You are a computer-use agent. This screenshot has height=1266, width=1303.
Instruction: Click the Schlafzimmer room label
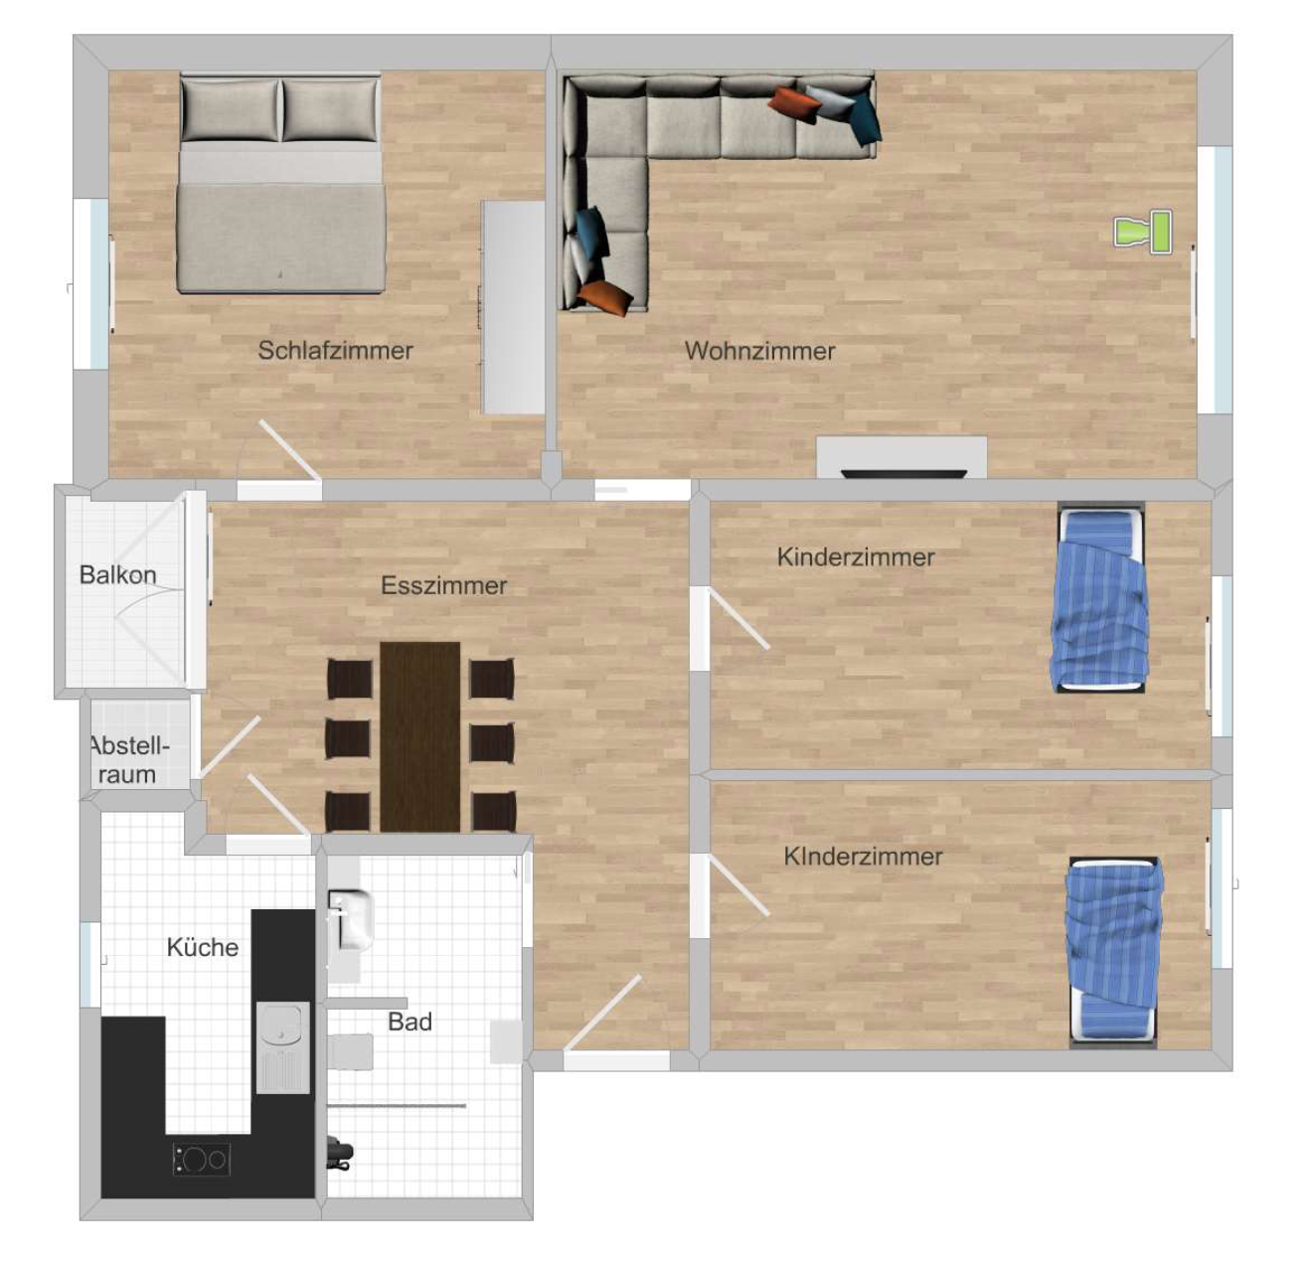point(335,350)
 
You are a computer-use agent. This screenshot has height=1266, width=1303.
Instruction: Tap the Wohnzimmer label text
point(759,351)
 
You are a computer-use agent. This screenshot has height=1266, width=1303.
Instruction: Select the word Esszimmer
point(443,586)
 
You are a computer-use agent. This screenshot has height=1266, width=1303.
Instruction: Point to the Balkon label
point(118,574)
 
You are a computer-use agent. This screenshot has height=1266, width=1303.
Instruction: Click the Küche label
point(202,947)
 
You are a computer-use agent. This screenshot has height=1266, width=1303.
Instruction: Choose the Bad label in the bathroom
point(409,1022)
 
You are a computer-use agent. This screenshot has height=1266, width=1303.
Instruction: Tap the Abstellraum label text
point(128,760)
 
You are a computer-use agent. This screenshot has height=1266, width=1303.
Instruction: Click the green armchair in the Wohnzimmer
point(1143,232)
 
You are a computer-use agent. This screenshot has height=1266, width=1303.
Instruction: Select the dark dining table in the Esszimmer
point(419,737)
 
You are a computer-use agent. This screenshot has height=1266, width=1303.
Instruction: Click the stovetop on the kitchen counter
point(202,1159)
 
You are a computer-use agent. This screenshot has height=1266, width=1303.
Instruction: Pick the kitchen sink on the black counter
point(283,1047)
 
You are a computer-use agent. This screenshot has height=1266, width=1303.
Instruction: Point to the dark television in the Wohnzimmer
point(903,474)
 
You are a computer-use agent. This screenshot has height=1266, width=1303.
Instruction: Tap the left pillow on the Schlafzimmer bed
point(230,109)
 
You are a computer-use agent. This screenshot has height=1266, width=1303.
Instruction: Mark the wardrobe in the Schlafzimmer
point(513,307)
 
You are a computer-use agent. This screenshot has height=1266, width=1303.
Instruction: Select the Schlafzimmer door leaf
point(290,450)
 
